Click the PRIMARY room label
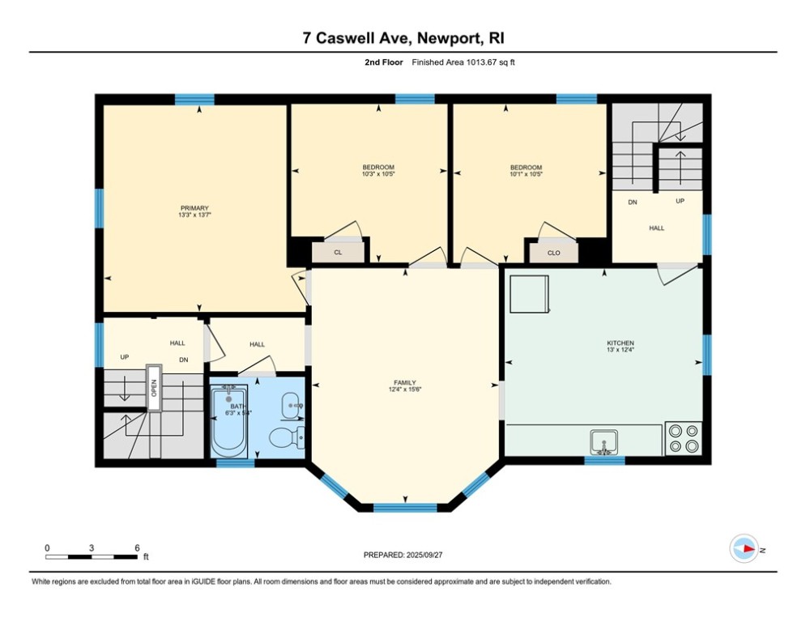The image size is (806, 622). [x=194, y=208]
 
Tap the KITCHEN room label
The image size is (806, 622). [x=620, y=343]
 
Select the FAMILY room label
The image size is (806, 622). [x=405, y=382]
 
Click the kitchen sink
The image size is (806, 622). [x=603, y=442]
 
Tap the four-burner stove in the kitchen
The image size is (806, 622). [x=683, y=438]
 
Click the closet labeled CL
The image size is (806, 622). [x=338, y=253]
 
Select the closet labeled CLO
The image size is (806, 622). [x=553, y=253]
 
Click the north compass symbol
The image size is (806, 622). [x=744, y=549]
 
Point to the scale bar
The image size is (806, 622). [x=92, y=556]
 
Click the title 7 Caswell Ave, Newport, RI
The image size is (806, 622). [x=403, y=38]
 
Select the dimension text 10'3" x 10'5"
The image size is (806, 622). [x=378, y=173]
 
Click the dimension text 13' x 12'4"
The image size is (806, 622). [x=620, y=350]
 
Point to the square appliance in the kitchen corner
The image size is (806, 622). [x=529, y=293]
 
